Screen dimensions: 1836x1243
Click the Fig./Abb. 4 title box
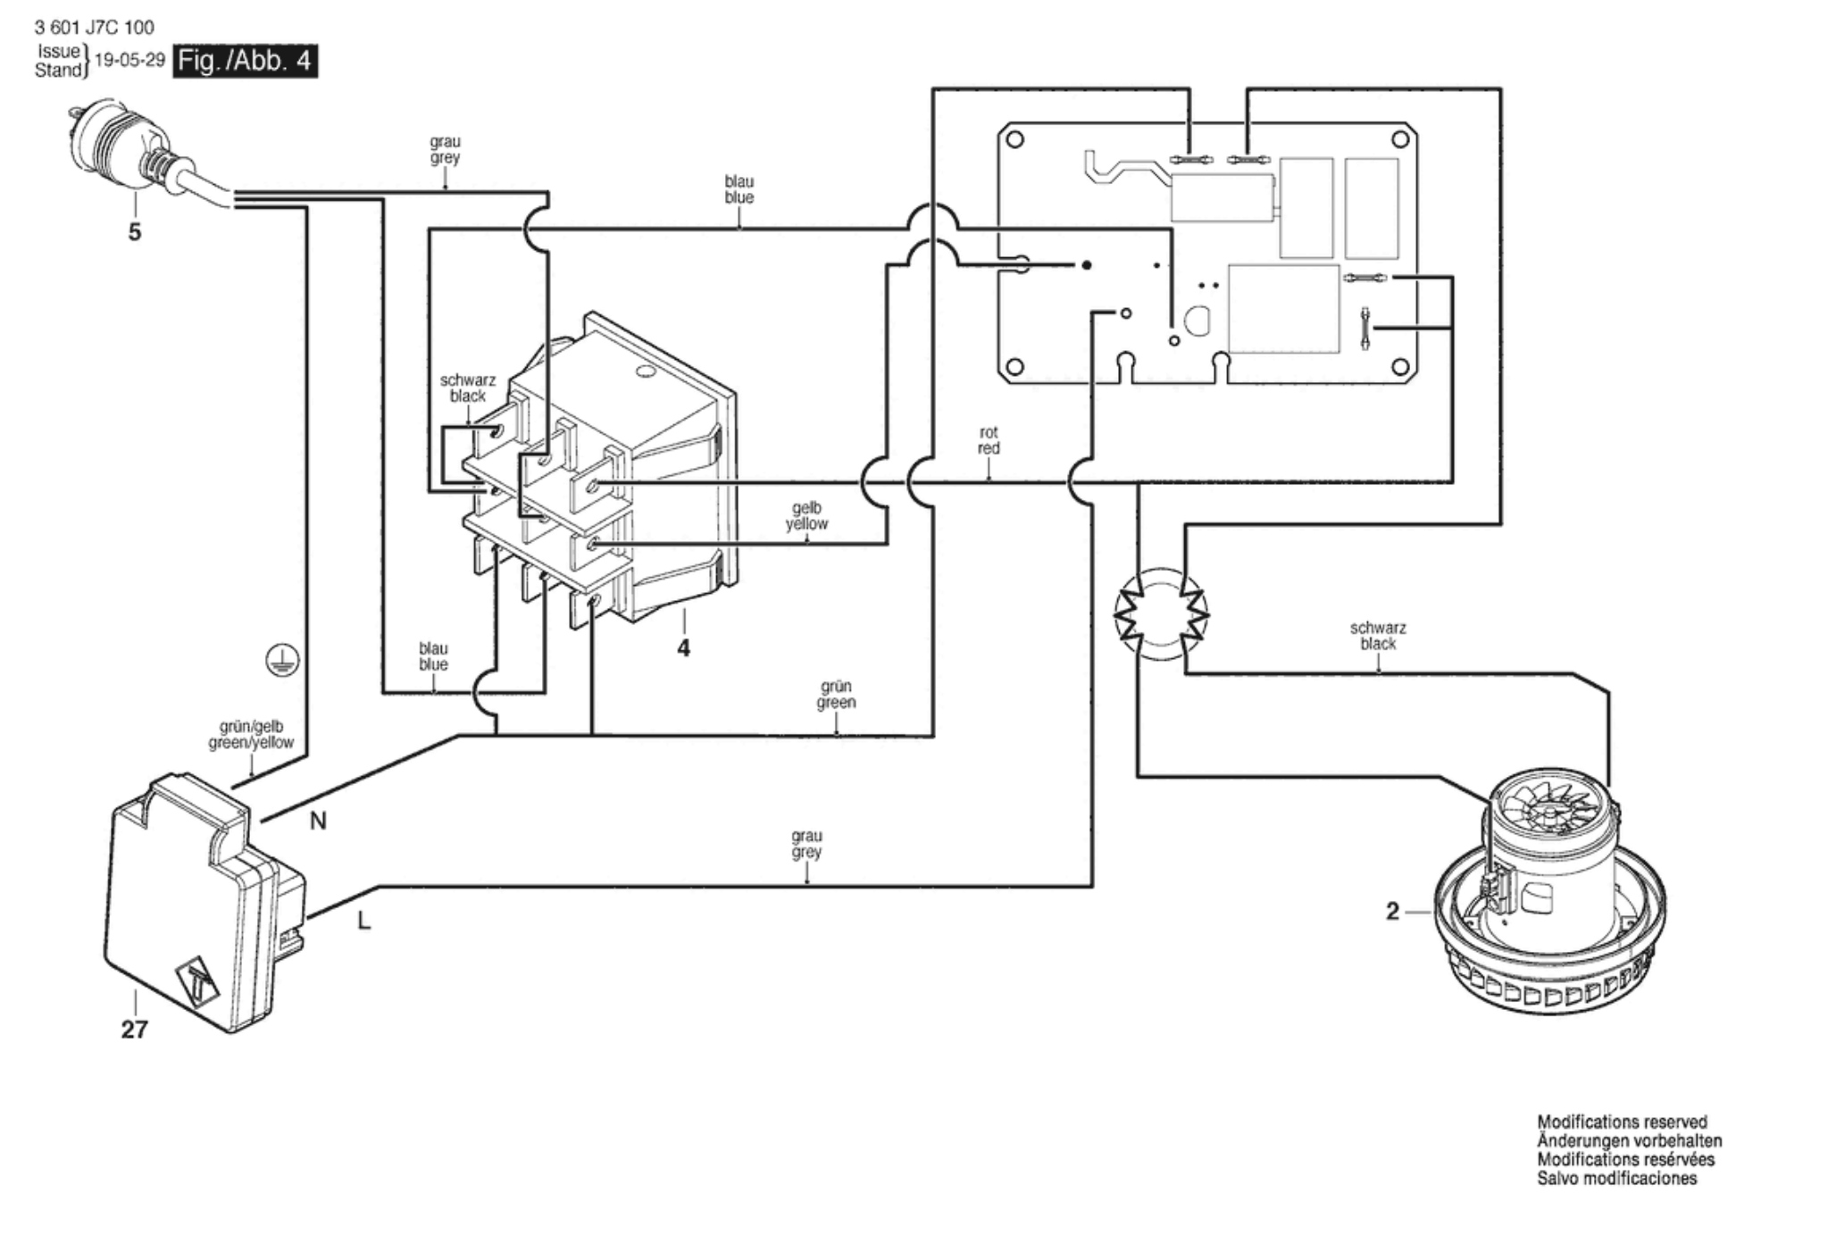[x=246, y=61]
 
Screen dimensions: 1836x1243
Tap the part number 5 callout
[x=135, y=232]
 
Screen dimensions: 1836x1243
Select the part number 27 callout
[x=134, y=1030]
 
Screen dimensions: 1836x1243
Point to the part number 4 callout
[x=683, y=648]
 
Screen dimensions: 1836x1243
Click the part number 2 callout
[x=1392, y=912]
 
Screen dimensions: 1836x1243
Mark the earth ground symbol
[x=282, y=661]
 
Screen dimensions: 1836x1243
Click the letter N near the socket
[x=318, y=821]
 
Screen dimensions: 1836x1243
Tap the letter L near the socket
[x=363, y=921]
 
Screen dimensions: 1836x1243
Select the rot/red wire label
[x=989, y=439]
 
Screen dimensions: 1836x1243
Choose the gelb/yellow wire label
[x=806, y=516]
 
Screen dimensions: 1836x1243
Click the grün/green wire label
[x=836, y=695]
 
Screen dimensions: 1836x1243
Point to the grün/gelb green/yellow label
[x=251, y=735]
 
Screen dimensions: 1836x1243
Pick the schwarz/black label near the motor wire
[x=1378, y=636]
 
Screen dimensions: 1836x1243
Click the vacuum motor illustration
[x=1549, y=897]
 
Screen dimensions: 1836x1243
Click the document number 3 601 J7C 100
[x=94, y=28]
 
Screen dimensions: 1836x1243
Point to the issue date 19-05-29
[x=129, y=60]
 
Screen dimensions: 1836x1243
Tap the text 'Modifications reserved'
[x=1622, y=1122]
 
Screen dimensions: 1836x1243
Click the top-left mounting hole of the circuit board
[x=1014, y=140]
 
